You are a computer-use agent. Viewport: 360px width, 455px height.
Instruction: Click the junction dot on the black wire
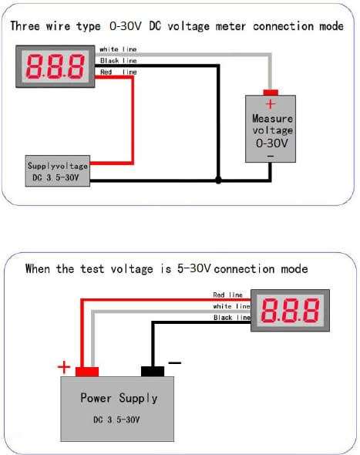[x=218, y=180]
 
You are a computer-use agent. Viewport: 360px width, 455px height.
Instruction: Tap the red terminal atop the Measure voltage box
[x=271, y=93]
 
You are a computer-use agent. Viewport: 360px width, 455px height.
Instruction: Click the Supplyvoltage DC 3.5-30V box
[x=58, y=171]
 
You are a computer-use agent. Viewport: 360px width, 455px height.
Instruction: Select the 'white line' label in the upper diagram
[x=118, y=49]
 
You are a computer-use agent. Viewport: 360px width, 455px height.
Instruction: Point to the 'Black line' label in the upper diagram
[x=119, y=61]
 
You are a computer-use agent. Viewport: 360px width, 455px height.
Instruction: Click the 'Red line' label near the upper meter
[x=119, y=72]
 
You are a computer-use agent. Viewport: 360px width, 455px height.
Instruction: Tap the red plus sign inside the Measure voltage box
[x=271, y=104]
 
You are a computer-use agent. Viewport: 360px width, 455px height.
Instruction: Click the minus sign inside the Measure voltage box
[x=271, y=157]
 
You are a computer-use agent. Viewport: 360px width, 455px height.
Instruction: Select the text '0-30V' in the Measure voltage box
[x=272, y=143]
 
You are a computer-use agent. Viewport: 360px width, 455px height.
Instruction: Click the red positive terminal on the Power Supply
[x=87, y=372]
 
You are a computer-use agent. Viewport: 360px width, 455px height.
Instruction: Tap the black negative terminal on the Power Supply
[x=153, y=372]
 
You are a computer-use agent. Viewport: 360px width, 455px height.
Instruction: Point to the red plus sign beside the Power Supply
[x=64, y=367]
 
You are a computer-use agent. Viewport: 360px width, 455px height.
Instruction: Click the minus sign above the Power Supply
[x=175, y=362]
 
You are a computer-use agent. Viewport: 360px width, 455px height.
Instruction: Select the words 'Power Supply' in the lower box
[x=119, y=398]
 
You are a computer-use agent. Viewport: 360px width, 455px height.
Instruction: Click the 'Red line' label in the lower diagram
[x=227, y=295]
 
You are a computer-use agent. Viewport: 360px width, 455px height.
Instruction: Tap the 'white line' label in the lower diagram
[x=231, y=306]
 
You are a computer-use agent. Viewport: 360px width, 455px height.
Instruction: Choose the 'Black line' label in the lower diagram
[x=231, y=318]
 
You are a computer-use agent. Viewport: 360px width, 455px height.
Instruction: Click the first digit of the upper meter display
[x=35, y=67]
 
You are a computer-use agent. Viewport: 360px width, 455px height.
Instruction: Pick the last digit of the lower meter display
[x=310, y=310]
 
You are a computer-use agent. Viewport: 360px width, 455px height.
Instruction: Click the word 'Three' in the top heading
[x=25, y=25]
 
